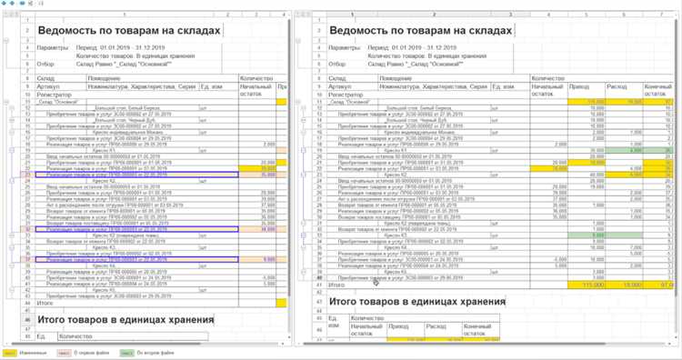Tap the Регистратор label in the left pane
(55, 94)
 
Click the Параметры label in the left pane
(54, 46)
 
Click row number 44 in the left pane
(27, 302)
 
